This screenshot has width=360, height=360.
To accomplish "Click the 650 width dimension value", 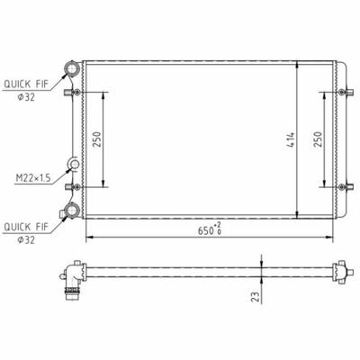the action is (205, 230).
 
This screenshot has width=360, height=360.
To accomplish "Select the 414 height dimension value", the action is (291, 139).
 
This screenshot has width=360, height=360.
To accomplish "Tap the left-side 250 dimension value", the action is (97, 139).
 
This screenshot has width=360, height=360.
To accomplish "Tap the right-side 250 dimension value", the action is (318, 139).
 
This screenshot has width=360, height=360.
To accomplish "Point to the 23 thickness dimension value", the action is (256, 296).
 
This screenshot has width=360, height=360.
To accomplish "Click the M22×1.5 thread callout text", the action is (33, 179).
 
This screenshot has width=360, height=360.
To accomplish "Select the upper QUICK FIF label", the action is (26, 85).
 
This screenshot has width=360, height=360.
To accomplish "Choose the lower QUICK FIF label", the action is (26, 227).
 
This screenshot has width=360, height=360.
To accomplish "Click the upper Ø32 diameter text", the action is (26, 97).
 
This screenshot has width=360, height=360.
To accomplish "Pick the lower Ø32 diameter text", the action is (26, 240).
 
